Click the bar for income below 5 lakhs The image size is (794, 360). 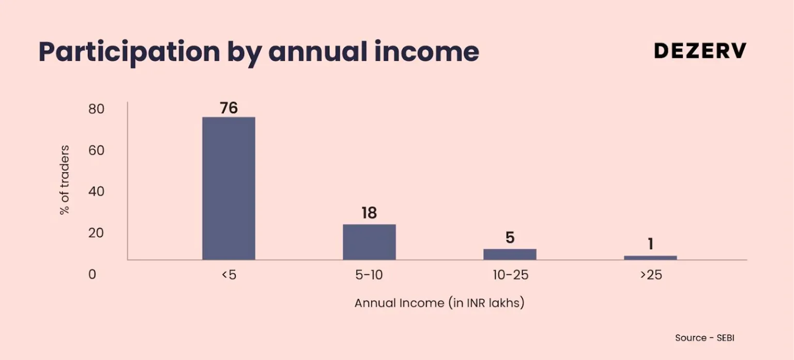click(228, 188)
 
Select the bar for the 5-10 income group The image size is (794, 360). click(369, 242)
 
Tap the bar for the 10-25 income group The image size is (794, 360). click(510, 254)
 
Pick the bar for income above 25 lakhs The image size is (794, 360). click(650, 258)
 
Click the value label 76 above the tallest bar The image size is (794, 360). click(228, 108)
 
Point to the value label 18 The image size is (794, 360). click(369, 213)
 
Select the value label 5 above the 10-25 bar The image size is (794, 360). click(510, 238)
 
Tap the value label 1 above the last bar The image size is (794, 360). click(650, 244)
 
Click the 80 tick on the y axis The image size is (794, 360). click(96, 109)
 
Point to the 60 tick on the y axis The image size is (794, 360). click(96, 151)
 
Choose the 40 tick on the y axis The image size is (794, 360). click(96, 191)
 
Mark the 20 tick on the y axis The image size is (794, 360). click(96, 233)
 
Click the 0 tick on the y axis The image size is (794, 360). click(92, 274)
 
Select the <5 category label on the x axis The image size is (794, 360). click(228, 275)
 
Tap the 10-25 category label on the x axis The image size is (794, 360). click(510, 275)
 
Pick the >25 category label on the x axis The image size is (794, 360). click(651, 275)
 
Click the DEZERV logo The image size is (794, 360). click(700, 51)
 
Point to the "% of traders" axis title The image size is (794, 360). click(65, 180)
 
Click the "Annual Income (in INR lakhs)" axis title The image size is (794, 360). click(439, 303)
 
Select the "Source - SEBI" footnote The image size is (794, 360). click(705, 338)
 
